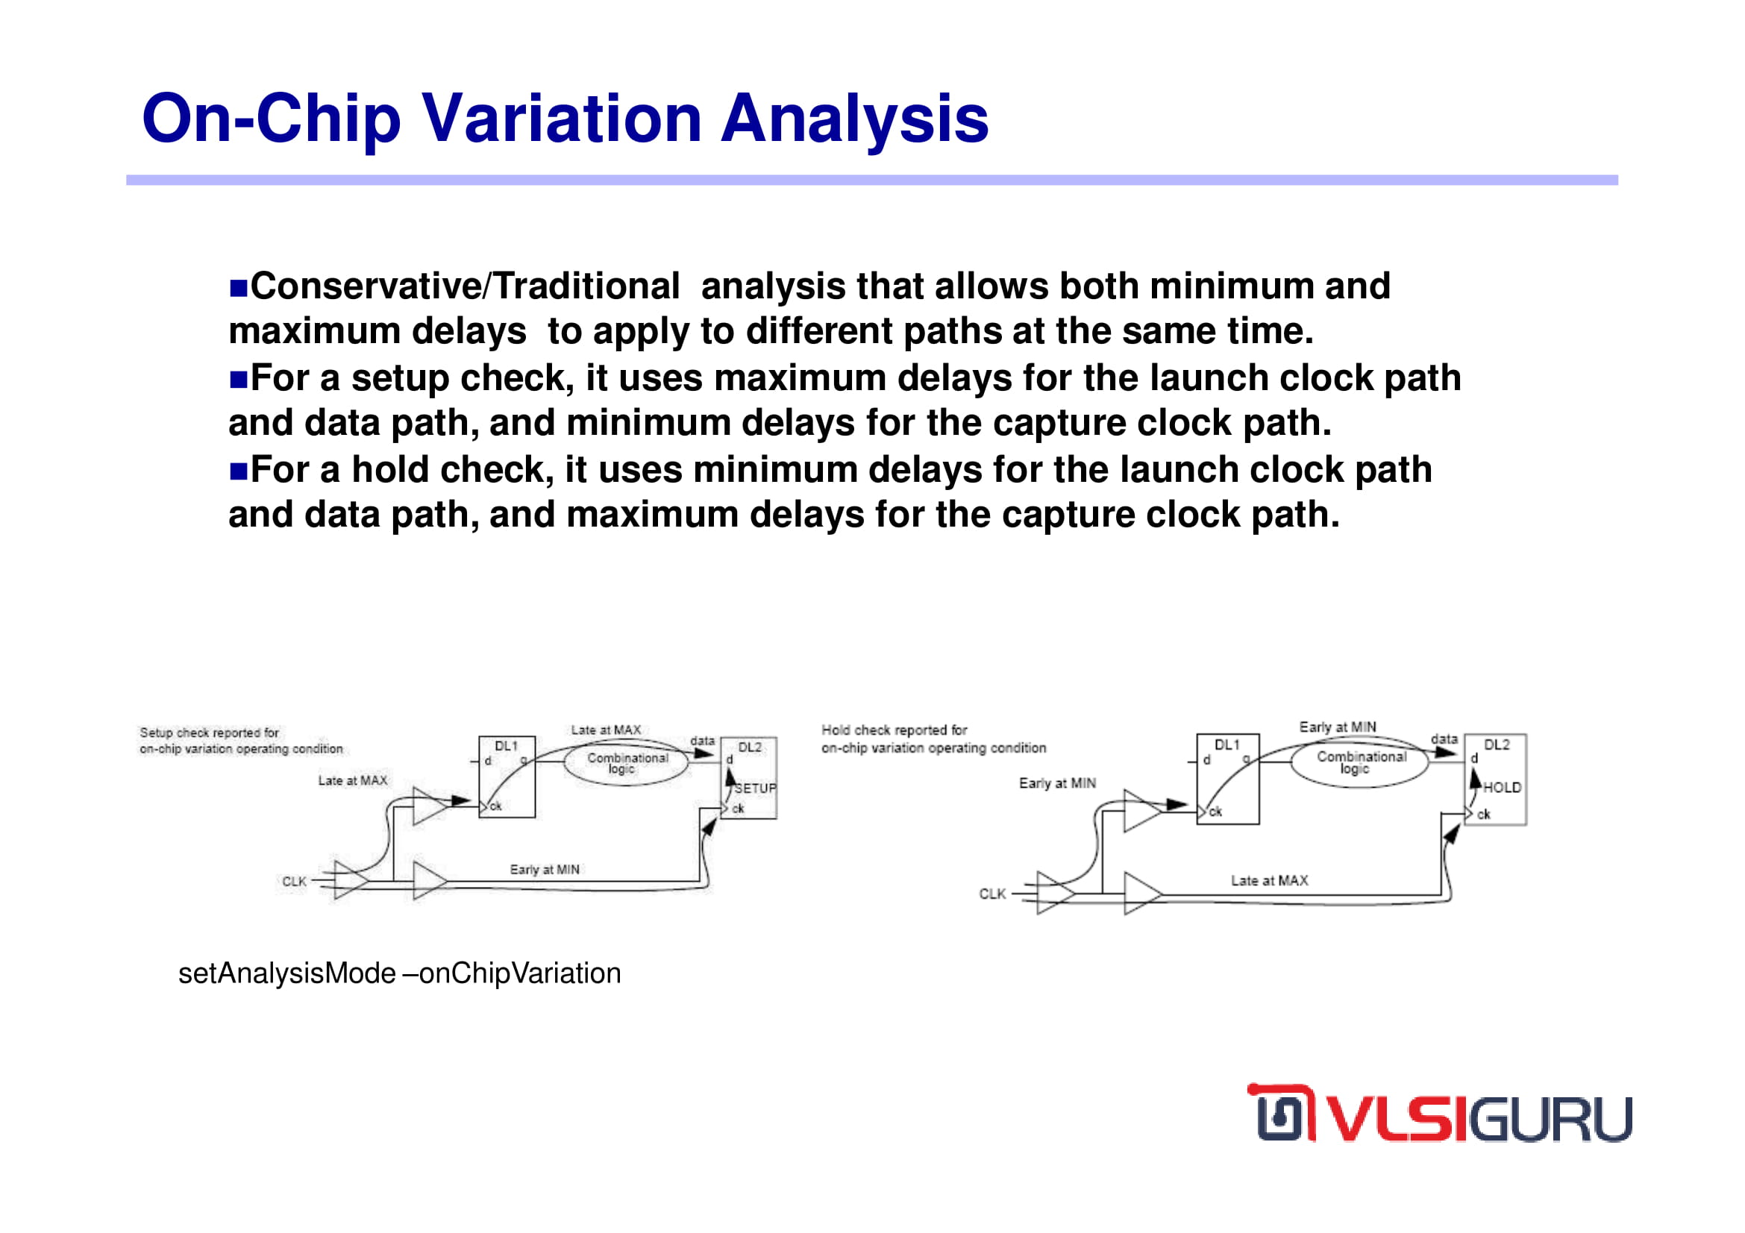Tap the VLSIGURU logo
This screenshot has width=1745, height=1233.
(x=1438, y=1113)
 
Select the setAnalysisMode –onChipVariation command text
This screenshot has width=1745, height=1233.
(x=400, y=974)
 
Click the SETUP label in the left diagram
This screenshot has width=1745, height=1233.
(x=756, y=788)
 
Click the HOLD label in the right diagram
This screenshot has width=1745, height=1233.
(x=1502, y=788)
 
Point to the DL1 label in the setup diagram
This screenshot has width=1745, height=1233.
(x=506, y=746)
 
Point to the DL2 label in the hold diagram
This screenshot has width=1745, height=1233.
(x=1497, y=744)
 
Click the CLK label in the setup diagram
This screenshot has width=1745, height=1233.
(x=294, y=881)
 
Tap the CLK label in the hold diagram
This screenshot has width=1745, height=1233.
(x=991, y=894)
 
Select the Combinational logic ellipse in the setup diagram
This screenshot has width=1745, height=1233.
(x=626, y=764)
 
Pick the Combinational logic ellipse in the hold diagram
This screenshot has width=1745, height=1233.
(x=1360, y=763)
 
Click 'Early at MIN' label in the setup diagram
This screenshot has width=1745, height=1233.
(x=544, y=869)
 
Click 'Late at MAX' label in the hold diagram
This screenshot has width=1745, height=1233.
(x=1269, y=880)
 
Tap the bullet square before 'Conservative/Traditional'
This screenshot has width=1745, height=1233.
(x=239, y=289)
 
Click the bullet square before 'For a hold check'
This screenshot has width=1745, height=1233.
(x=239, y=471)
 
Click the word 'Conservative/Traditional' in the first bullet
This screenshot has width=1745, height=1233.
(x=465, y=286)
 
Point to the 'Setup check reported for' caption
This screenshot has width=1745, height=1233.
(x=209, y=732)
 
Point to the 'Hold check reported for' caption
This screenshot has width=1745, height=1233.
(x=894, y=730)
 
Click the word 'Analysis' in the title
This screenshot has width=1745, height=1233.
(x=855, y=120)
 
